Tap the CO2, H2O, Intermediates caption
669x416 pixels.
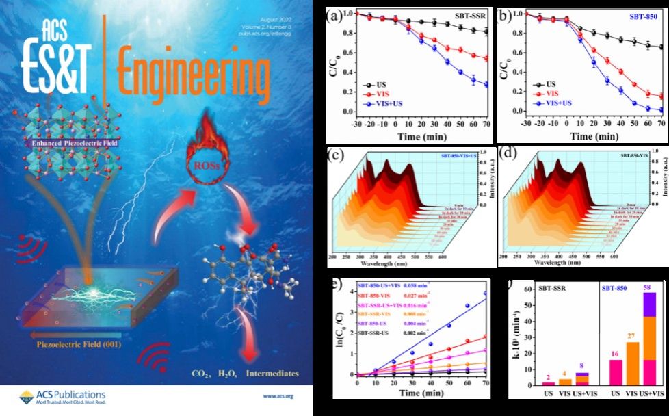[x=247, y=374]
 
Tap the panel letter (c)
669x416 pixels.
[x=336, y=153]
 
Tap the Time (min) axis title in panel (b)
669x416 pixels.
[x=592, y=136]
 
